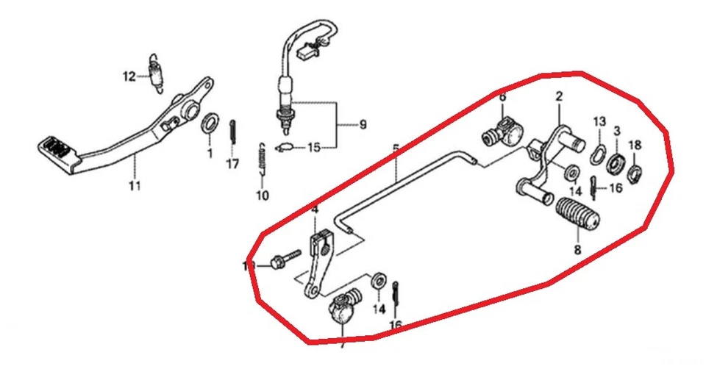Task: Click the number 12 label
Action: [x=129, y=76]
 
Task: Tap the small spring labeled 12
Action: [x=155, y=74]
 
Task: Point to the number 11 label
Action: [x=135, y=185]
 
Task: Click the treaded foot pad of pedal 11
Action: [x=55, y=148]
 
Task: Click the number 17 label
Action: [x=232, y=164]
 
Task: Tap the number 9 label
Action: [x=363, y=125]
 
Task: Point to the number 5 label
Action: [x=396, y=149]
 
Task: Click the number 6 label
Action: [x=502, y=97]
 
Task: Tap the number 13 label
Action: [x=599, y=121]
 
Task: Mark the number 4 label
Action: [x=315, y=210]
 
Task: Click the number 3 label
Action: [x=617, y=130]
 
